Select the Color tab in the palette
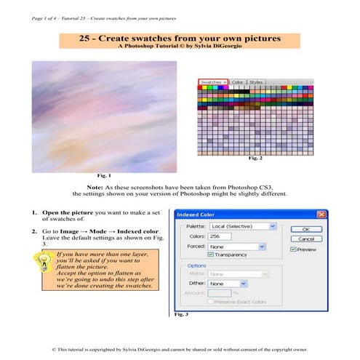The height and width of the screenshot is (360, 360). (x=237, y=82)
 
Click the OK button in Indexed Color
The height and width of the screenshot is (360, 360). (x=305, y=228)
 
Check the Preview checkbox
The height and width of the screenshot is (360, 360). (x=293, y=249)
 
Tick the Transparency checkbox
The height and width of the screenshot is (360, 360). (x=211, y=255)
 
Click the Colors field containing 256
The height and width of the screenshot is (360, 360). (x=218, y=236)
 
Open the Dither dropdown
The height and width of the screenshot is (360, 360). (x=226, y=283)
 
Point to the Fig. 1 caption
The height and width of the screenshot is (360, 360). (x=105, y=175)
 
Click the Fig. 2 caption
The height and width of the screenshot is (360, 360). (x=255, y=158)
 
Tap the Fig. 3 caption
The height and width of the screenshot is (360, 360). (x=182, y=316)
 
